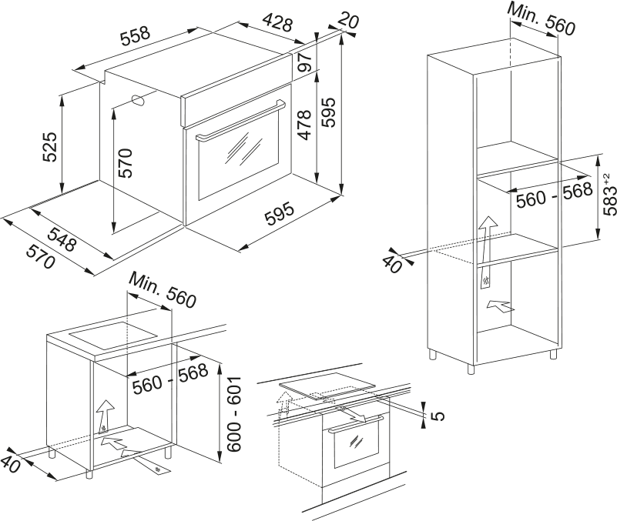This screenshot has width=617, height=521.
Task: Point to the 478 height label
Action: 304,125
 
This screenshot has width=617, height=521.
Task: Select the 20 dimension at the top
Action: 348,22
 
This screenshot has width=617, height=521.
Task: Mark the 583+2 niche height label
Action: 609,195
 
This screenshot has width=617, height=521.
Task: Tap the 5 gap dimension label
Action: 438,416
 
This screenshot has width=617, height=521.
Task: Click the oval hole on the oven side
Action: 139,100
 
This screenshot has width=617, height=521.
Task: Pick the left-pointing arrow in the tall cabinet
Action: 499,309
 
